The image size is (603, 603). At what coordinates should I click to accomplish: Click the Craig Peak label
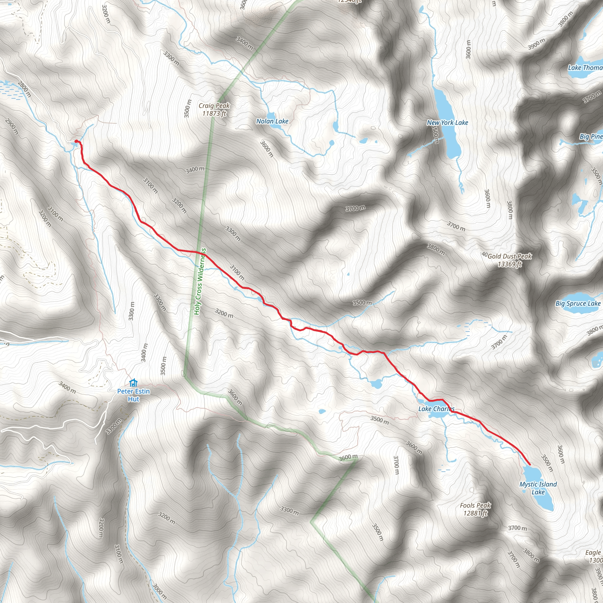click(214, 110)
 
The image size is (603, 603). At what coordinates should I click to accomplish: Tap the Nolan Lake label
click(272, 121)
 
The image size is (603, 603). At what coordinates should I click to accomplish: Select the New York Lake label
click(447, 123)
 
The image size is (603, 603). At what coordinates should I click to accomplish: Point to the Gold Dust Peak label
click(509, 260)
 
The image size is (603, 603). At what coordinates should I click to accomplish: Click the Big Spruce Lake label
click(578, 303)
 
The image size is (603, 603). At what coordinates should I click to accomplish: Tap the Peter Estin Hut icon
click(133, 383)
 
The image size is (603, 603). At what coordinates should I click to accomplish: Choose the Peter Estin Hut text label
click(134, 395)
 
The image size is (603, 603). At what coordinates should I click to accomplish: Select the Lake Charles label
click(436, 409)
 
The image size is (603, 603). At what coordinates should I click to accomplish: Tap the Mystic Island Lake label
click(538, 488)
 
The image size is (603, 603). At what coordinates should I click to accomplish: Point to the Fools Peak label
click(475, 509)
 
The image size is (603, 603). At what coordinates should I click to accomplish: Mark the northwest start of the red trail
click(77, 142)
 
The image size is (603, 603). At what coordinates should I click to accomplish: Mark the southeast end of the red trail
click(530, 464)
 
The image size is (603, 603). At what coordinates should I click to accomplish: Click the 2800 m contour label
click(24, 89)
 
